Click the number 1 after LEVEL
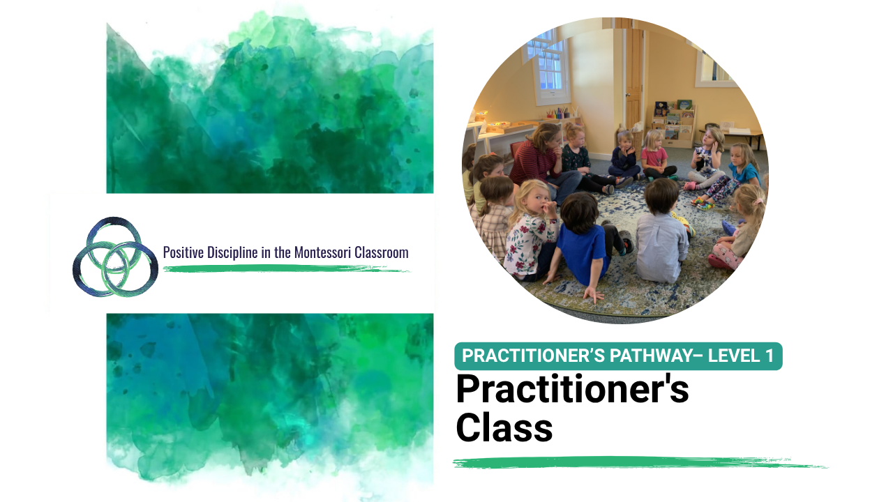[769, 356]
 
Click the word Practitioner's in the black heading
[573, 389]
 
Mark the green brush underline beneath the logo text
[287, 269]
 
